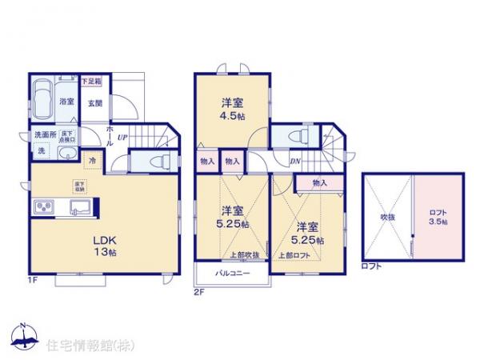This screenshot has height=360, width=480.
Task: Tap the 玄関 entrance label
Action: click(x=95, y=102)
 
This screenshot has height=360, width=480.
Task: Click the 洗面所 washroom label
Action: click(x=45, y=134)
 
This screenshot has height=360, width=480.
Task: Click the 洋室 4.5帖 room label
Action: click(x=233, y=108)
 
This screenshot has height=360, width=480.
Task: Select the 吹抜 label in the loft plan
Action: click(x=388, y=216)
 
